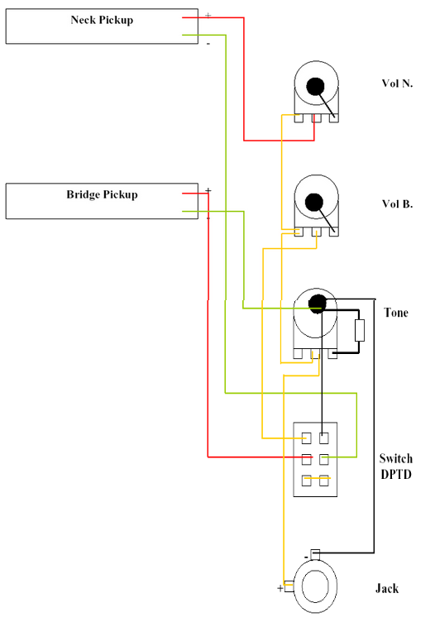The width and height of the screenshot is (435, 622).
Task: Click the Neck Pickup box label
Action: click(x=102, y=20)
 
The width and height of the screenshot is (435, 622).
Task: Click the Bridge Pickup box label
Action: click(x=102, y=194)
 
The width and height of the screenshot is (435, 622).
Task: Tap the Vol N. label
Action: click(x=397, y=84)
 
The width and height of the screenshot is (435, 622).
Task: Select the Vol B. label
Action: click(x=397, y=204)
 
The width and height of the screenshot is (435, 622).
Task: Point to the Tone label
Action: click(x=396, y=313)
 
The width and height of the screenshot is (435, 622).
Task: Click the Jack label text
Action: click(x=387, y=588)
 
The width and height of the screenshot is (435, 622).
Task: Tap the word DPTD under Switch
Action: click(x=396, y=475)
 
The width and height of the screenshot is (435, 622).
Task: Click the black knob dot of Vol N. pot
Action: click(x=316, y=86)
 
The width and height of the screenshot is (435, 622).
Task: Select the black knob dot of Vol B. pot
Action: click(x=314, y=203)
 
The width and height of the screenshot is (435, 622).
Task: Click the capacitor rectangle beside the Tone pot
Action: click(x=360, y=331)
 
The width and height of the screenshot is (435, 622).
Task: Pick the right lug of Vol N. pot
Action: click(x=334, y=117)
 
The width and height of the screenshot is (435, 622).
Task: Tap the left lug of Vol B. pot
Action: click(x=299, y=232)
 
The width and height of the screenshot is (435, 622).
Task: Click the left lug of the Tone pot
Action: click(x=298, y=354)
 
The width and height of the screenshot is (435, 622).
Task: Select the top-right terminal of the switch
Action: click(x=324, y=438)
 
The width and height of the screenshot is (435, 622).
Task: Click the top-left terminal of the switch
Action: click(x=307, y=438)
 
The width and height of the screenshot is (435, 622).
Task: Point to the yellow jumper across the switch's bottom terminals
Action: click(x=317, y=478)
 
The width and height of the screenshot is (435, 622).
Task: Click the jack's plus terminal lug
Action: click(x=289, y=586)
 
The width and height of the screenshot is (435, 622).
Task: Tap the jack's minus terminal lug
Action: click(x=315, y=554)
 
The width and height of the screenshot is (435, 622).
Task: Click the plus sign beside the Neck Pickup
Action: click(x=208, y=16)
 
